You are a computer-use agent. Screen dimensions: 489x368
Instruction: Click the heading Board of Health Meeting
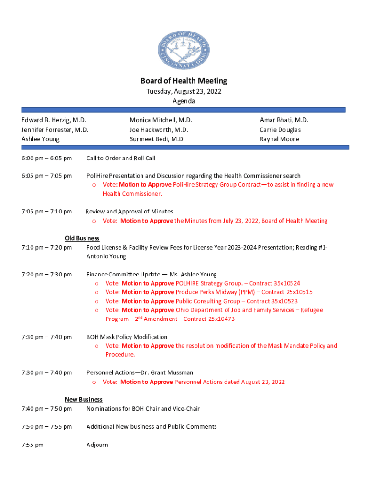pyautogui.click(x=184, y=81)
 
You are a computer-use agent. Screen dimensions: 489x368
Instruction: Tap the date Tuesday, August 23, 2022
pyautogui.click(x=184, y=91)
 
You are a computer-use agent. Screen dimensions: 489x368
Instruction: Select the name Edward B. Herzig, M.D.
pyautogui.click(x=54, y=120)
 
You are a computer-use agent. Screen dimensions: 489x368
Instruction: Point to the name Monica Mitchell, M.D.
pyautogui.click(x=161, y=120)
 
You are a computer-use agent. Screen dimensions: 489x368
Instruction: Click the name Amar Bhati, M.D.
pyautogui.click(x=284, y=120)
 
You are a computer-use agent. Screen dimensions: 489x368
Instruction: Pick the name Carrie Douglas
pyautogui.click(x=280, y=130)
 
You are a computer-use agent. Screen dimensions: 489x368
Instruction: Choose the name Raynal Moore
pyautogui.click(x=279, y=139)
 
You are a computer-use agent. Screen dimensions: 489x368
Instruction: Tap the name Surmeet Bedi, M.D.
pyautogui.click(x=157, y=139)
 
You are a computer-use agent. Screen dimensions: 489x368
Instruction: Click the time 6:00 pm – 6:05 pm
pyautogui.click(x=46, y=158)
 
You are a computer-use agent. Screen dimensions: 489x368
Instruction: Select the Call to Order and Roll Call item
pyautogui.click(x=120, y=158)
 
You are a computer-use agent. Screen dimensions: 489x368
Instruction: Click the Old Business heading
pyautogui.click(x=82, y=238)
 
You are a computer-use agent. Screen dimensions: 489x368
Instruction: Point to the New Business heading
pyautogui.click(x=84, y=399)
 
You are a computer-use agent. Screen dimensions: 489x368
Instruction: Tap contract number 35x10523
pyautogui.click(x=282, y=301)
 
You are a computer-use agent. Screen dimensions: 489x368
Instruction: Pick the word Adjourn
pyautogui.click(x=97, y=445)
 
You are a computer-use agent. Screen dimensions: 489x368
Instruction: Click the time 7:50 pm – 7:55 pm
pyautogui.click(x=46, y=427)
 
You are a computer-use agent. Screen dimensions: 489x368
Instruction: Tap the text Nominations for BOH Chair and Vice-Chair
pyautogui.click(x=143, y=409)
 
